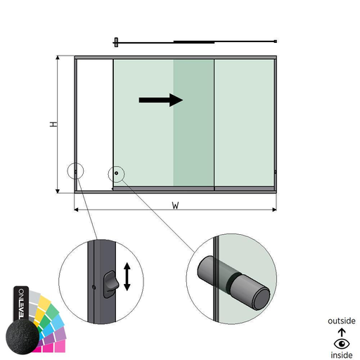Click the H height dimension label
53,124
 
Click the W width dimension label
175,205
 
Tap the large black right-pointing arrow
161,100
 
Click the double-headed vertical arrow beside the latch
127,276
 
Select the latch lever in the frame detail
110,284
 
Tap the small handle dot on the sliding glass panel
116,173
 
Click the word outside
342,321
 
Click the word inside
342,355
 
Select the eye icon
342,344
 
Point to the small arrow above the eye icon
342,333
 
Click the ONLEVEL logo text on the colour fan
21,304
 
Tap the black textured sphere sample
22,337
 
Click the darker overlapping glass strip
193,123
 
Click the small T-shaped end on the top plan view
116,42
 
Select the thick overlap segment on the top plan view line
194,42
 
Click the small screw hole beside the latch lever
94,287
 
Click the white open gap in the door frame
95,125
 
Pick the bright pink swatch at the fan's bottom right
60,346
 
